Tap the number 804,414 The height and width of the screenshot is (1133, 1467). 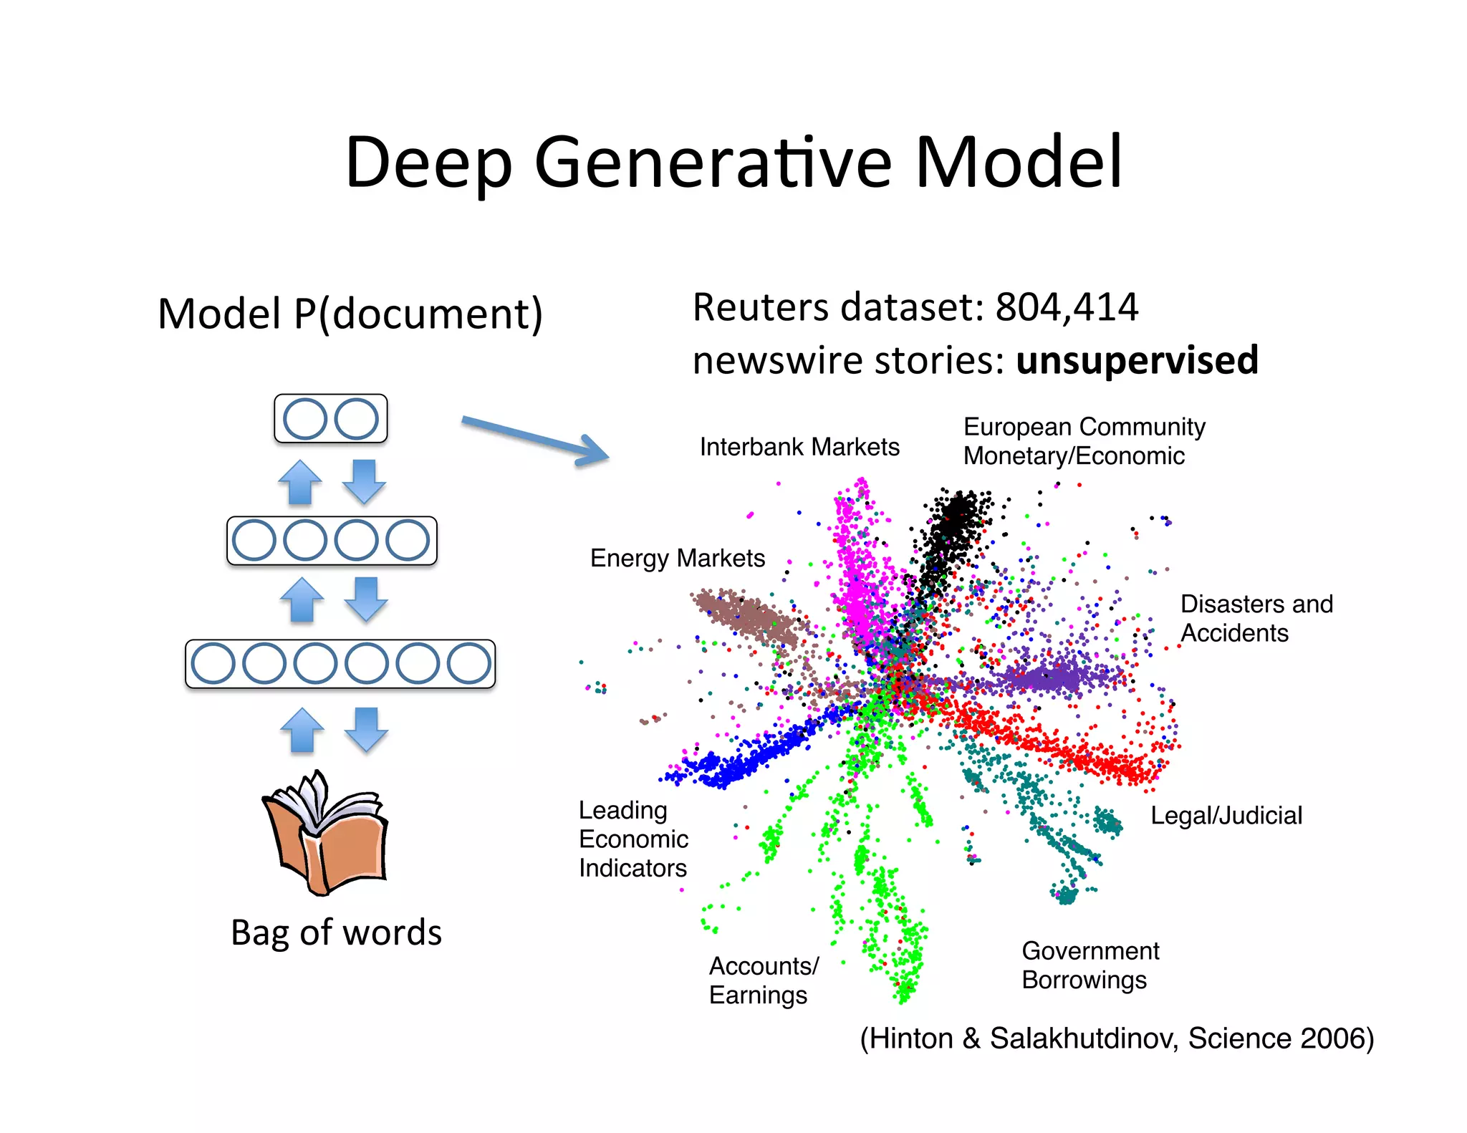pyautogui.click(x=1066, y=308)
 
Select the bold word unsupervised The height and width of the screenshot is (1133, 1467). pyautogui.click(x=1137, y=360)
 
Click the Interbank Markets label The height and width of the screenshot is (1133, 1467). pyautogui.click(x=799, y=447)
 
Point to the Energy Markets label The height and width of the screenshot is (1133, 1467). pyautogui.click(x=677, y=558)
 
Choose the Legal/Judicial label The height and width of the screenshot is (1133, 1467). pyautogui.click(x=1226, y=815)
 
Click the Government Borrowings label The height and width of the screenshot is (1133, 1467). pyautogui.click(x=1090, y=965)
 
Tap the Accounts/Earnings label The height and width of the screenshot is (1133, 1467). pyautogui.click(x=763, y=980)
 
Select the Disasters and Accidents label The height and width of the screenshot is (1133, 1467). pyautogui.click(x=1256, y=618)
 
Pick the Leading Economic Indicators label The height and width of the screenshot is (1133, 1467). pyautogui.click(x=633, y=839)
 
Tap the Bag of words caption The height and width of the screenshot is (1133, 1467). pyautogui.click(x=336, y=932)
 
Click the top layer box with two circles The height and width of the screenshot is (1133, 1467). pyautogui.click(x=330, y=419)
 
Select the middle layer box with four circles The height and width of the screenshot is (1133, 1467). pyautogui.click(x=332, y=541)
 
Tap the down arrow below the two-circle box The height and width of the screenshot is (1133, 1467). pyautogui.click(x=364, y=481)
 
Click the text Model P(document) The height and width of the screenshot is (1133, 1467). pyautogui.click(x=350, y=314)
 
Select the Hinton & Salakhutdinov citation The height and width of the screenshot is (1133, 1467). pyautogui.click(x=1116, y=1038)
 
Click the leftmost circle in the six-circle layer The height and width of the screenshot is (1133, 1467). pyautogui.click(x=213, y=664)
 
